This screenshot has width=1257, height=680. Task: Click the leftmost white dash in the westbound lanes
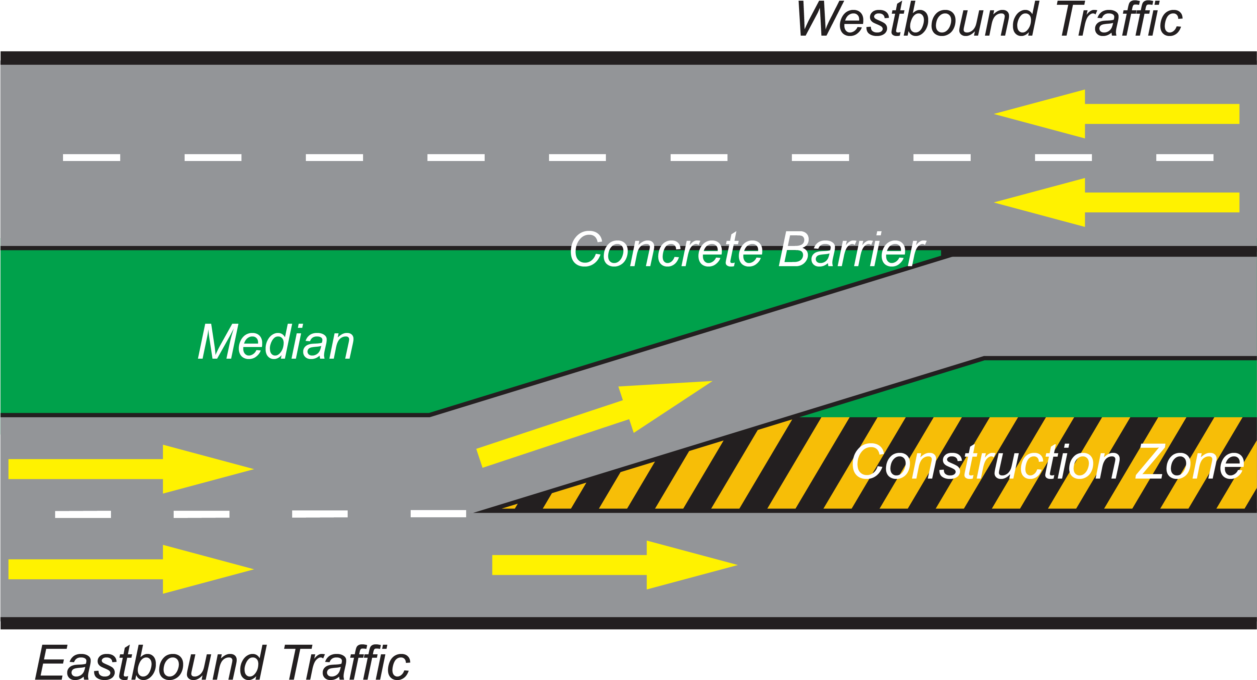pos(91,158)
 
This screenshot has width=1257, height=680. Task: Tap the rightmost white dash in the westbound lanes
pos(1185,158)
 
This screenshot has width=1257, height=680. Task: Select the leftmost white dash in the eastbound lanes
pos(83,514)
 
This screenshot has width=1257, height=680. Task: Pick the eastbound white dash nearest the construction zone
pos(438,513)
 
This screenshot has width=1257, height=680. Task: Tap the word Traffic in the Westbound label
pos(1120,21)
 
